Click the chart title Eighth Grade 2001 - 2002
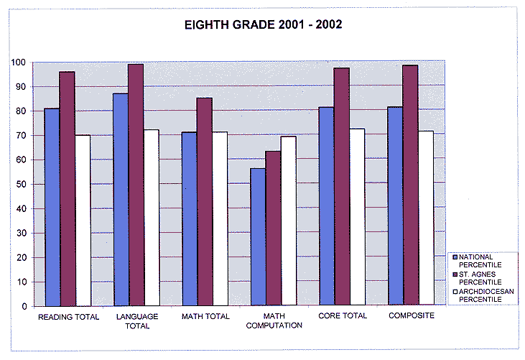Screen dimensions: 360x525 coord(264,24)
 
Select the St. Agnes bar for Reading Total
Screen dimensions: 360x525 coord(68,188)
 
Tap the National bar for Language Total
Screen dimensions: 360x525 coord(121,200)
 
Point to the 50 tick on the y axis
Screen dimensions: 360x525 coord(22,185)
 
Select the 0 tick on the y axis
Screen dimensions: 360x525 coord(24,306)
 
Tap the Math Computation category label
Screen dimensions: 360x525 coord(274,320)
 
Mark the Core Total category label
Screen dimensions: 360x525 coord(342,315)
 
